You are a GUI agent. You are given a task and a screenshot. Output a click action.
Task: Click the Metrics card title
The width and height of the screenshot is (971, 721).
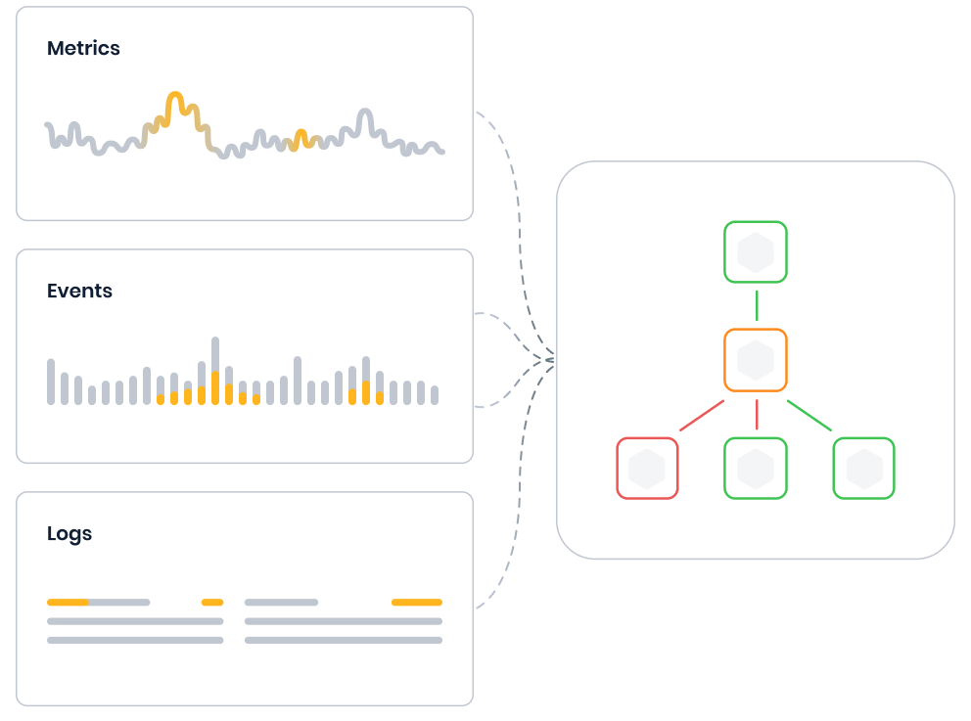pos(83,48)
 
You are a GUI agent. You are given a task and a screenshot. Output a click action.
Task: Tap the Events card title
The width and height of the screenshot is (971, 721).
pos(79,291)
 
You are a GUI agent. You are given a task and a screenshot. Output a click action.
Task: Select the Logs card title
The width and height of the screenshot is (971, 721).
pos(69,533)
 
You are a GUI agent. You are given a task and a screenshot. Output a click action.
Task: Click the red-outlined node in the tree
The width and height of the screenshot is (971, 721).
pos(647,469)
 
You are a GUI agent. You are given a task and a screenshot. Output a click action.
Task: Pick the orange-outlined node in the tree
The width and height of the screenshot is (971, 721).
pos(756,360)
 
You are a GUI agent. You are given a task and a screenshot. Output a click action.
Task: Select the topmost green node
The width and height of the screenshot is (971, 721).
pos(756,252)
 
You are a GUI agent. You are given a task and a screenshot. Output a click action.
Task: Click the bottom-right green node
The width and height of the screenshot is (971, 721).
pos(863,469)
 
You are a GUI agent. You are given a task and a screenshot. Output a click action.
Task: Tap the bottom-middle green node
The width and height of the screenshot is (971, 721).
pos(756,469)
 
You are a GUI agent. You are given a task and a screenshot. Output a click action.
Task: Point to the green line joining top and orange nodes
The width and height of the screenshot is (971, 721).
pos(757,305)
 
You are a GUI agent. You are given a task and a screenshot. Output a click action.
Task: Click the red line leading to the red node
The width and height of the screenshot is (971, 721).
pos(701,416)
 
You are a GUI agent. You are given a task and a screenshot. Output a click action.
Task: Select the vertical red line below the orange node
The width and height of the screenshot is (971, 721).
pos(757,415)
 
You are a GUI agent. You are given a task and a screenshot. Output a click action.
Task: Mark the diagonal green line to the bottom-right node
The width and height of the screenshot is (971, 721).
pos(809,416)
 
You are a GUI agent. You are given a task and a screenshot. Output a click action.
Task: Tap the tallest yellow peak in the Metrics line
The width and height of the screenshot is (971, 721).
pos(174,99)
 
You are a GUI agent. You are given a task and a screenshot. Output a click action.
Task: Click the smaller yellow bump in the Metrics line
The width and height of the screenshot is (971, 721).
pos(301,135)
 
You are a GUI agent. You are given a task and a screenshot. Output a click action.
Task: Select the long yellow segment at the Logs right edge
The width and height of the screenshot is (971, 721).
pos(417,603)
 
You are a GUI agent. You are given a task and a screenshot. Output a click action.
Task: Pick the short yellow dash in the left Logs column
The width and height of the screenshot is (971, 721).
pos(212,603)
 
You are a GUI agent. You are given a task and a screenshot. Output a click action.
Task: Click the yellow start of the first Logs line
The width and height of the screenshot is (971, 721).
pos(68,603)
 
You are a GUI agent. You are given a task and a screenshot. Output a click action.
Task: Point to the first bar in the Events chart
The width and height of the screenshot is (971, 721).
pos(51,382)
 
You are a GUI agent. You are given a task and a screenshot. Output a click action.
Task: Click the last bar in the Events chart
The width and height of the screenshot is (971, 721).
pos(435,394)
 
